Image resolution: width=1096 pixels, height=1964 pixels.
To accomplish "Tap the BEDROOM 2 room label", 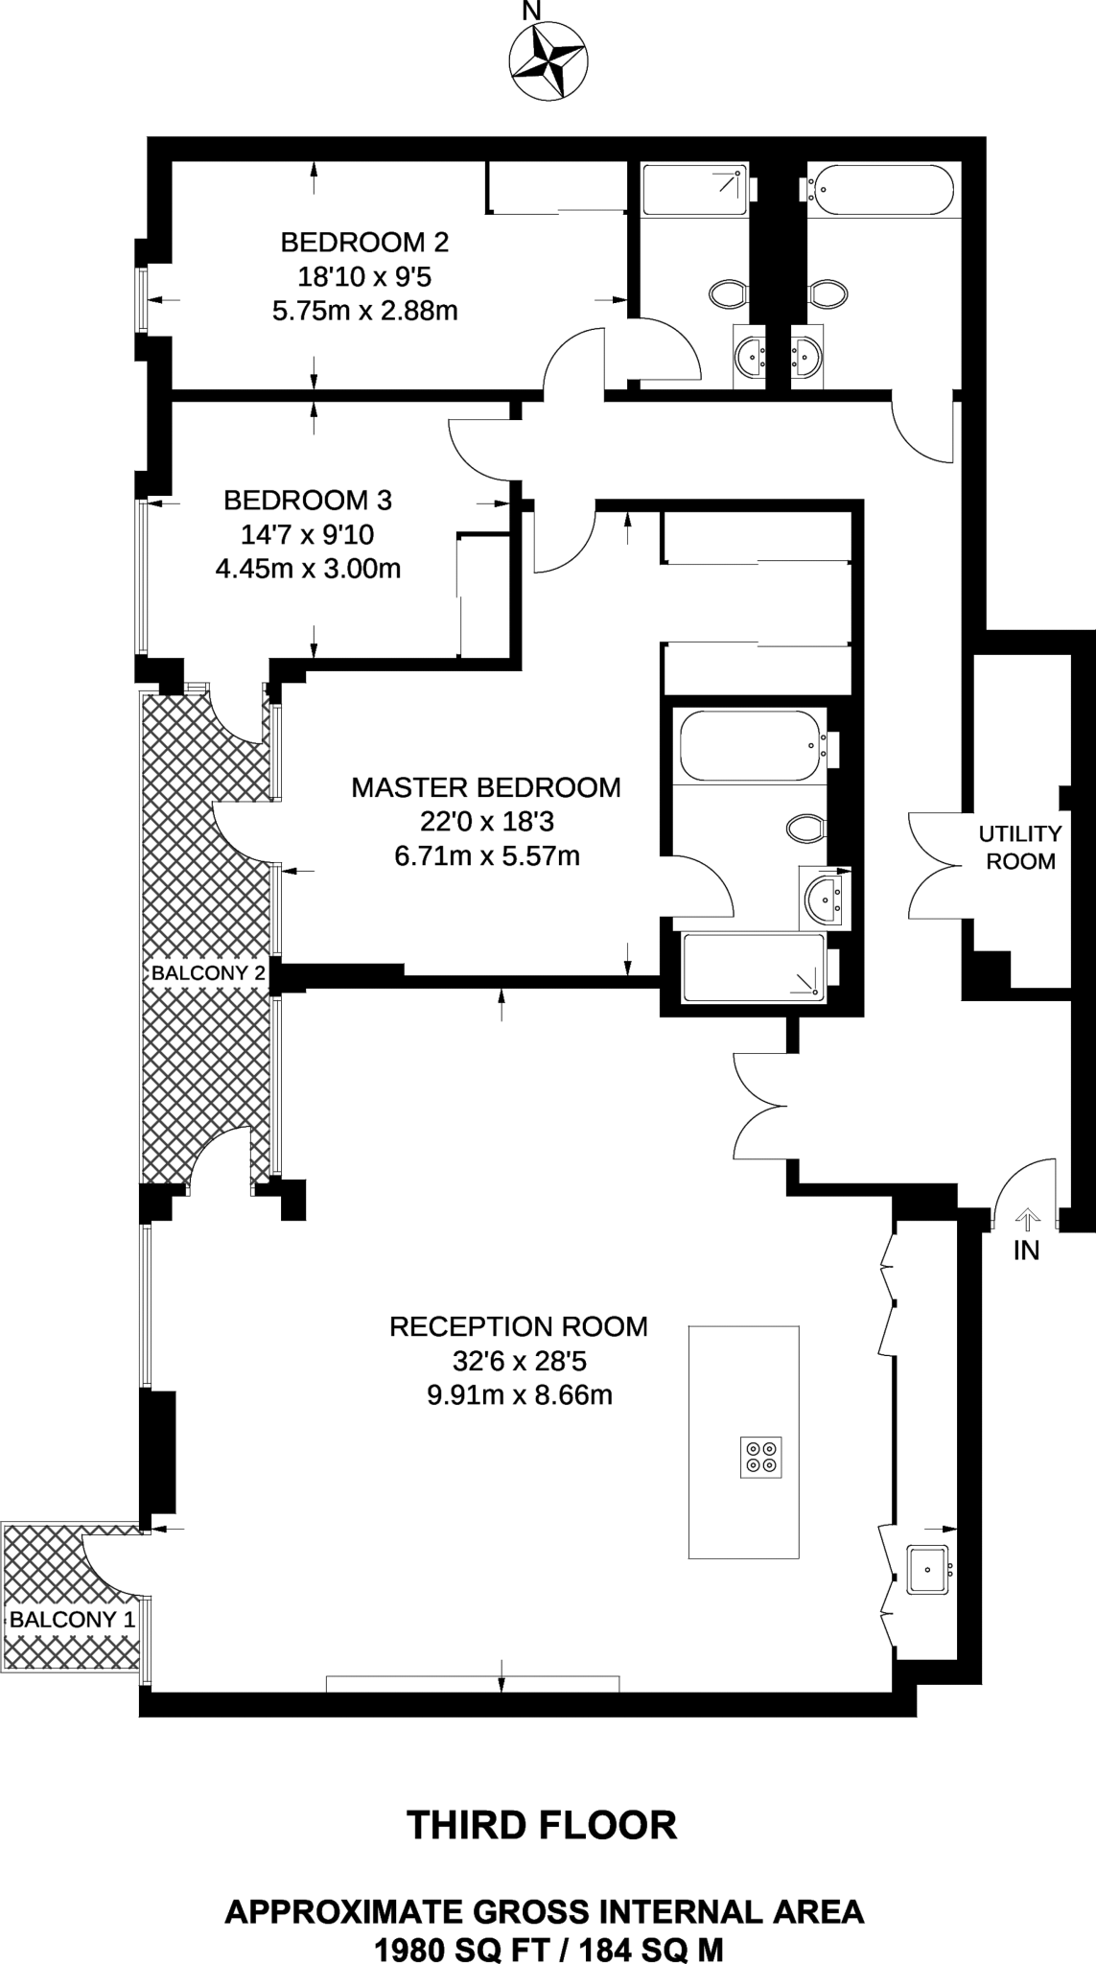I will tap(364, 242).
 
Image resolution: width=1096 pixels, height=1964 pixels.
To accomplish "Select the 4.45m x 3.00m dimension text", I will tap(308, 569).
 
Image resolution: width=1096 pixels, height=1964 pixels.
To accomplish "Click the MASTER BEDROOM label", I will tap(486, 787).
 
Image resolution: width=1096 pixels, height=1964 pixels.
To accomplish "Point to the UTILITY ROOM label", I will tap(1020, 847).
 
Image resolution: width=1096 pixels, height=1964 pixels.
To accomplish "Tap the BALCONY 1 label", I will tap(72, 1620).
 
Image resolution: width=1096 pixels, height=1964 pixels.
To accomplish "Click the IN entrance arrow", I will tap(1026, 1221).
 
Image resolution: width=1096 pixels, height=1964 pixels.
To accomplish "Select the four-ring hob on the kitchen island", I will tap(760, 1457).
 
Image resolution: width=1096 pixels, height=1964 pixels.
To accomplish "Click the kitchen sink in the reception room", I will tap(927, 1569).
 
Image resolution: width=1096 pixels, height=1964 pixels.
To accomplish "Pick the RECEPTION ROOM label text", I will tap(518, 1326).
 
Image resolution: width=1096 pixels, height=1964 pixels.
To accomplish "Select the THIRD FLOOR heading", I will tap(542, 1825).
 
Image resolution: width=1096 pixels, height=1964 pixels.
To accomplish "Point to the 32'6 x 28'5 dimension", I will tap(518, 1361).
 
